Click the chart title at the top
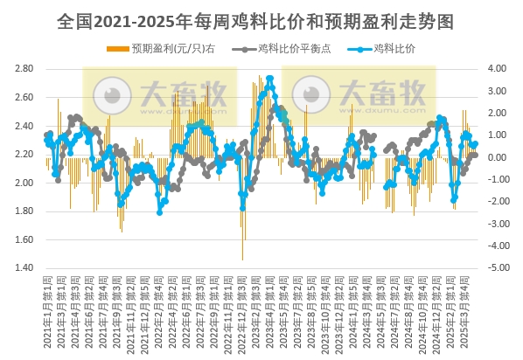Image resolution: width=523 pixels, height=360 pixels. coord(261,18)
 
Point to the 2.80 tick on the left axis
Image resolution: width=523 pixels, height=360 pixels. coord(24,68)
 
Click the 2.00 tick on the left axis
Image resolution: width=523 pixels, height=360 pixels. coord(24,183)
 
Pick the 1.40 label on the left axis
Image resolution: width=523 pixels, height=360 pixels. coord(24,268)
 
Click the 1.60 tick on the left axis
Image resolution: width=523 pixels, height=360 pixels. coord(24,239)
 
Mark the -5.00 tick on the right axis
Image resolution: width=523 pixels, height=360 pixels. coord(495,268)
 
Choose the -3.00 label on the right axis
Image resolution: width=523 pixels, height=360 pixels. coord(495,224)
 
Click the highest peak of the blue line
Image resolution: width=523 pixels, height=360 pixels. coord(270,79)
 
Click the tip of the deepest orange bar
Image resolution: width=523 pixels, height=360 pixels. coord(242,260)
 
